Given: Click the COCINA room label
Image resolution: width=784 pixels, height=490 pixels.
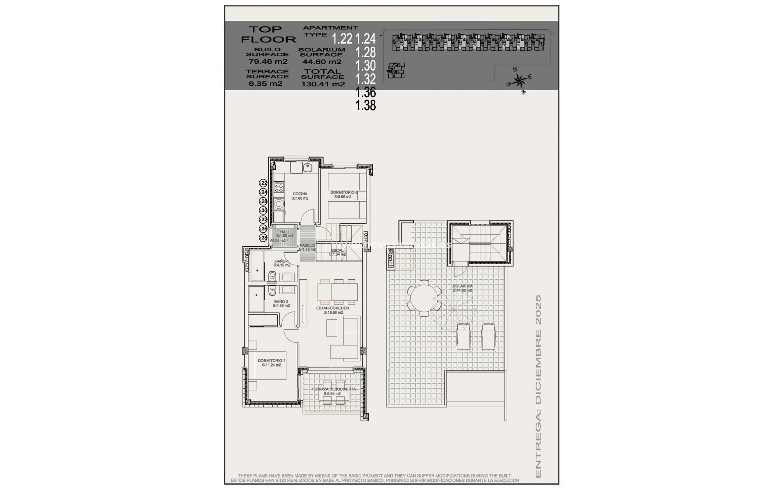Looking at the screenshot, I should click(300, 194).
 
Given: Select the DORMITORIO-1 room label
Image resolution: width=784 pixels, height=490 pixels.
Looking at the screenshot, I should click(272, 361).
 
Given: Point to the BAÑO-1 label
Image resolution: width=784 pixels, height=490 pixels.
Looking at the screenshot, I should click(282, 261).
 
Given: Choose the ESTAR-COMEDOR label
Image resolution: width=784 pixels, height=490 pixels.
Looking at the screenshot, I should click(332, 308).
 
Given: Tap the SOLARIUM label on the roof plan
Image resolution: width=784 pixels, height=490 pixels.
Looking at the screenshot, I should click(462, 286).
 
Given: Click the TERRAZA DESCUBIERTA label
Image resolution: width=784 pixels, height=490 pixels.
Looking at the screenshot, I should click(333, 389).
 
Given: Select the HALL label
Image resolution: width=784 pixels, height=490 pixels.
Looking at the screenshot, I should click(285, 232).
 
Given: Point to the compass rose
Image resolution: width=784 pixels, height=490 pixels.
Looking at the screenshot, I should click(519, 80).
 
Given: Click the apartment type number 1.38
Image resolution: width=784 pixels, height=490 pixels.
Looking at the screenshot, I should click(365, 106).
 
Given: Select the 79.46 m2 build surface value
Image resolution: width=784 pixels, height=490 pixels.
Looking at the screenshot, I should click(268, 62).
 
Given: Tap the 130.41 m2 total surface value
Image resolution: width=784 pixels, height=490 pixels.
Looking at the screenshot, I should click(323, 84).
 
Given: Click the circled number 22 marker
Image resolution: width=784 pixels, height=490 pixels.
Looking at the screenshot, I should click(264, 183).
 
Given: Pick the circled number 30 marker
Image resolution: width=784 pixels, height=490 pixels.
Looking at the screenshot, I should click(264, 210).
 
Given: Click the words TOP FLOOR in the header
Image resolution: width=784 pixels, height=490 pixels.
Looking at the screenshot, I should click(268, 34).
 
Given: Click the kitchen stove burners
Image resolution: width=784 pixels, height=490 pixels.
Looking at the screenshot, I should click(279, 188).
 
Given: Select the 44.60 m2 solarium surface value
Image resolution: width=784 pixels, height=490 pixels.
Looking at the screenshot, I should click(321, 62).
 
